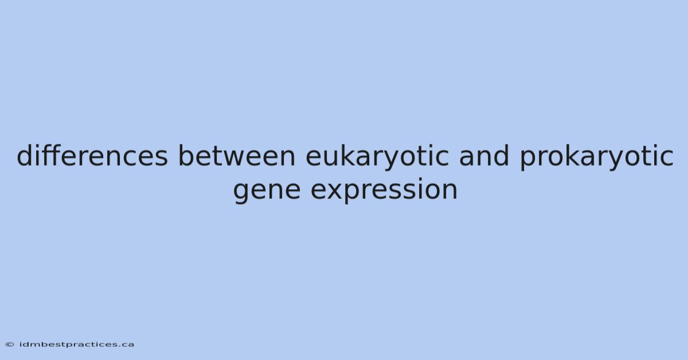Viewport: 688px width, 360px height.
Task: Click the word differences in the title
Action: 92,155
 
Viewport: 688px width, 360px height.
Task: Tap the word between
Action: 236,155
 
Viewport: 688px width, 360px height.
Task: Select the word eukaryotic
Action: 377,157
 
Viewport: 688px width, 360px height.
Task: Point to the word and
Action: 484,155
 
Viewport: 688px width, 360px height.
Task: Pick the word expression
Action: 384,190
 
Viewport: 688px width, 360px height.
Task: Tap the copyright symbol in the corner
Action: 10,345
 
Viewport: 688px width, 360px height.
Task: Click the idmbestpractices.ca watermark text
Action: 76,345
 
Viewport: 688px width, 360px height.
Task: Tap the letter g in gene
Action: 243,193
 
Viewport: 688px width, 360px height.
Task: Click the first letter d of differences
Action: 26,155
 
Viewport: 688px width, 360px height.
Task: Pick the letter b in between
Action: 187,155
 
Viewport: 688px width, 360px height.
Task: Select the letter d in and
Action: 501,155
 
